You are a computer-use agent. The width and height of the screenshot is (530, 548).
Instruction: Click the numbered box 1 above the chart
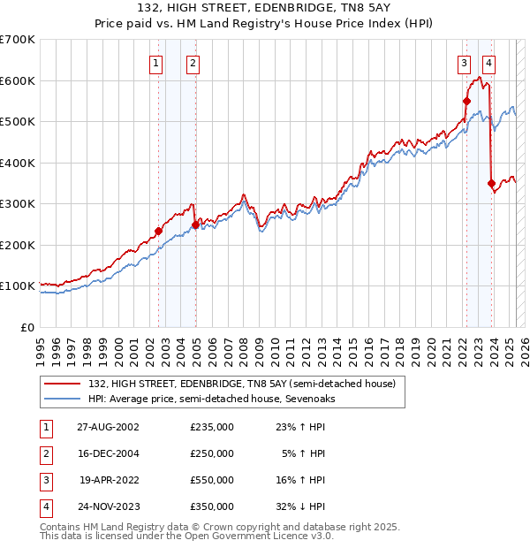[155, 63]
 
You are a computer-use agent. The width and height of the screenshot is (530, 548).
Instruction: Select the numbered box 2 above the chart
[192, 63]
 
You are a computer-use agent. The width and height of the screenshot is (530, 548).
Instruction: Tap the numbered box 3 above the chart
[463, 63]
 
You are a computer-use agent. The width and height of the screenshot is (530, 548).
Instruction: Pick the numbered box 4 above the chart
[488, 63]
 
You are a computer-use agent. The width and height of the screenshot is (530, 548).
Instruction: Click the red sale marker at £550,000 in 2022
[466, 102]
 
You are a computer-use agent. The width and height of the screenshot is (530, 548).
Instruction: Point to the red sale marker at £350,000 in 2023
[491, 183]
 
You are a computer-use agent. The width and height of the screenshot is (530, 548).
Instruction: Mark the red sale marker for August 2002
[159, 231]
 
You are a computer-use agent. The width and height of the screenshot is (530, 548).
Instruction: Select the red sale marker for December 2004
[195, 225]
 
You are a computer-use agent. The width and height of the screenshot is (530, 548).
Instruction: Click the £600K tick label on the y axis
[18, 80]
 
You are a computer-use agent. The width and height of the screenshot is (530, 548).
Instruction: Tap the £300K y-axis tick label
[18, 203]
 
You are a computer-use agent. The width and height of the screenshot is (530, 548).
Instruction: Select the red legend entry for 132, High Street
[246, 384]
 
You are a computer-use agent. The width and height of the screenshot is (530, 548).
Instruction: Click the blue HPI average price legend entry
[211, 399]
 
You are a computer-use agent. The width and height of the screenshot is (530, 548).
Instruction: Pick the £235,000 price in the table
[211, 427]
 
